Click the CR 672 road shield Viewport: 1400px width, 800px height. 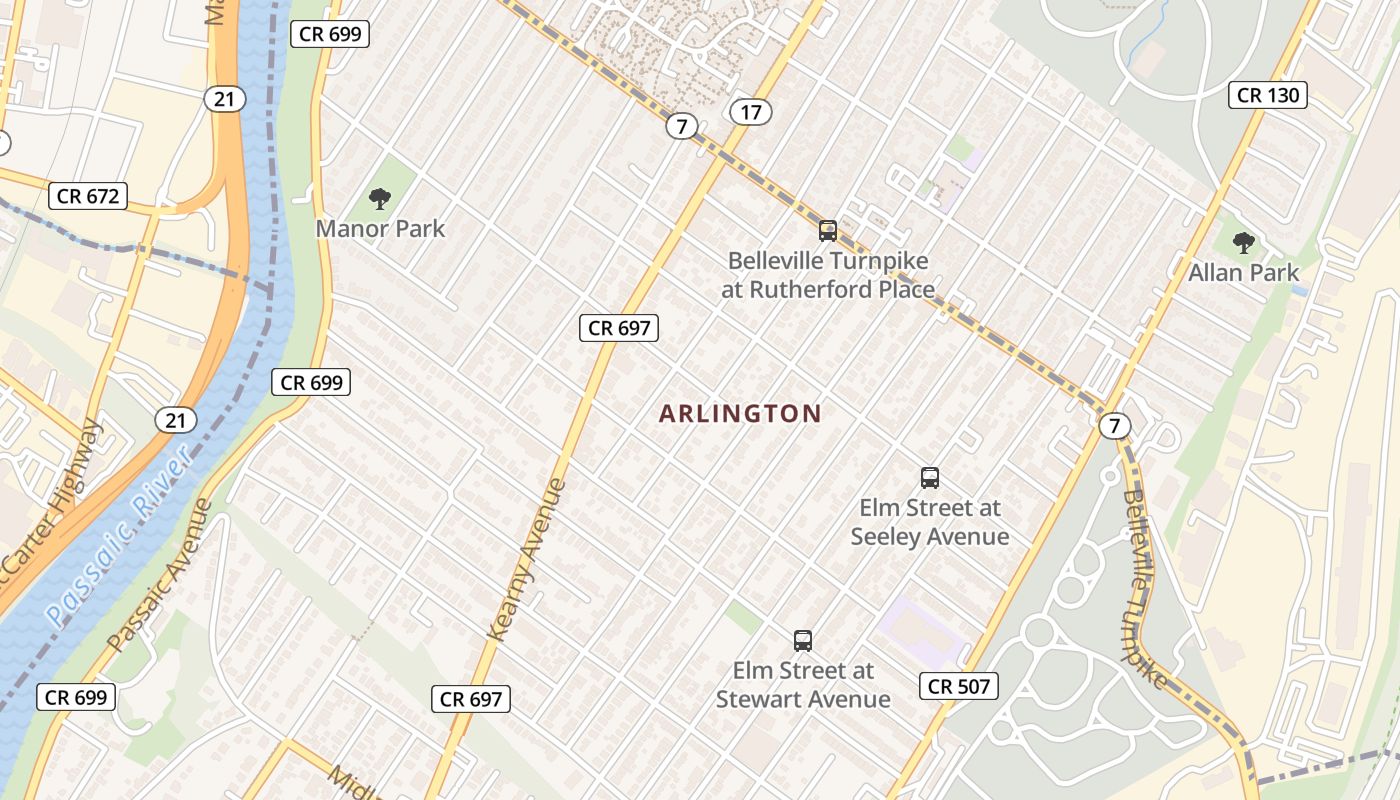pos(89,196)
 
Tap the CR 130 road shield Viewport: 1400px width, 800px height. pos(1268,95)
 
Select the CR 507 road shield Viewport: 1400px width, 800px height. pos(959,685)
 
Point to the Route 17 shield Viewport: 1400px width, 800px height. pos(750,112)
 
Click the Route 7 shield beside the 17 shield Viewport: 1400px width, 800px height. pos(681,126)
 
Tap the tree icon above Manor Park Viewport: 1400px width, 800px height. pos(380,199)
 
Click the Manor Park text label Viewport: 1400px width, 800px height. pos(380,229)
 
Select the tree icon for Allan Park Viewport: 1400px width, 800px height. pos(1243,242)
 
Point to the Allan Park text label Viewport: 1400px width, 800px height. pos(1243,272)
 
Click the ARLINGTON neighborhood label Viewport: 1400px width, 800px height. pos(740,413)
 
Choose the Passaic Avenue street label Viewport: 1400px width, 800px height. pos(160,574)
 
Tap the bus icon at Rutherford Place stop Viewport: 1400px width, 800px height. pos(827,231)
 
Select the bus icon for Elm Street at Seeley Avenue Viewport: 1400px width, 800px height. pos(929,478)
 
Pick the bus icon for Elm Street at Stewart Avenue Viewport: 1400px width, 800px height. pos(802,641)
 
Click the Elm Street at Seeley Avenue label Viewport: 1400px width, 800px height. pos(929,522)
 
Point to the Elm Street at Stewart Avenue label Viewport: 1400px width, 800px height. pos(802,684)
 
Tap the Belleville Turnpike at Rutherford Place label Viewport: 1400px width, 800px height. pos(828,276)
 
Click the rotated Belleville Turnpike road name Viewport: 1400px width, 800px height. pos(1146,590)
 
